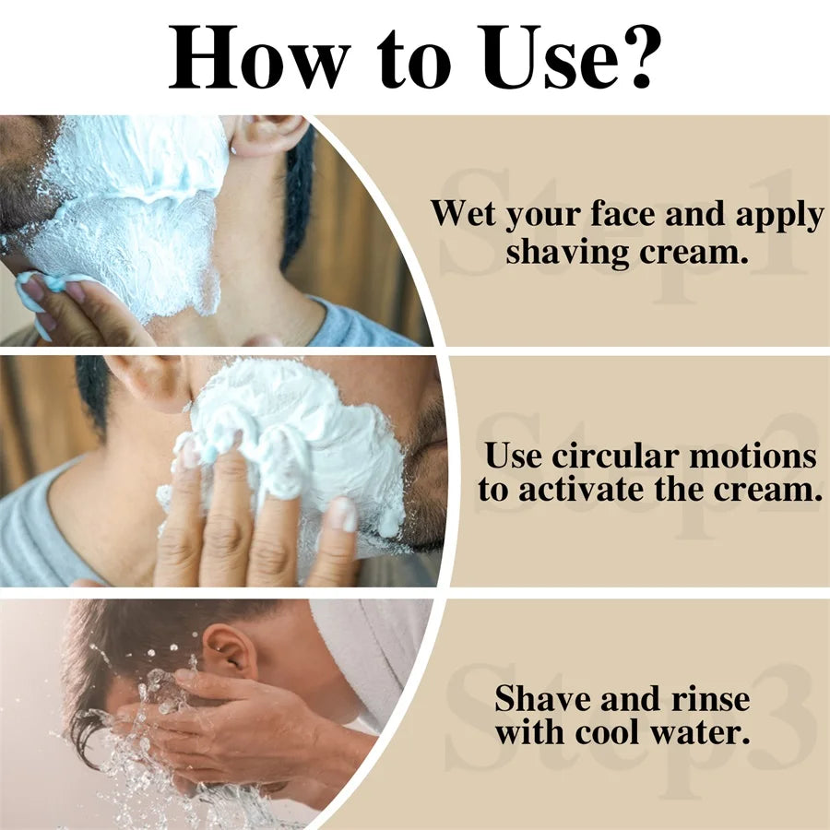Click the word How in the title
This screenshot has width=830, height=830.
click(x=259, y=57)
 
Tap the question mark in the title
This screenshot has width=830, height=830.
click(x=639, y=56)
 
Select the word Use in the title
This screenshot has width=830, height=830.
click(x=547, y=57)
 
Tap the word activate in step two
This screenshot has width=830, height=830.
click(x=582, y=489)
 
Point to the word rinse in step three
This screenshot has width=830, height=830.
click(x=711, y=699)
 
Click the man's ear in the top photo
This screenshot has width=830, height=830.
click(x=267, y=135)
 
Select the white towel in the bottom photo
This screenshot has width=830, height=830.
click(x=371, y=657)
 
